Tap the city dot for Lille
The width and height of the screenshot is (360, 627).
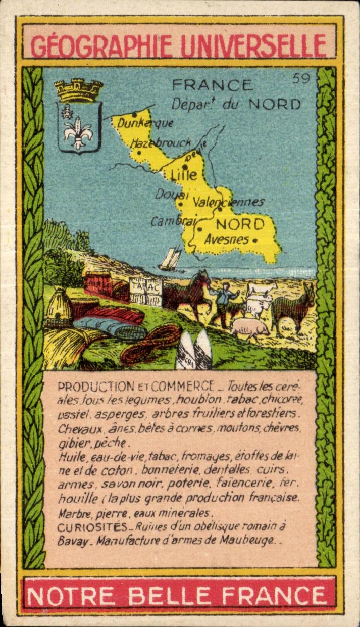pyautogui.click(x=185, y=166)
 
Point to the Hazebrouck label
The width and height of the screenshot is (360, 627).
pyautogui.click(x=161, y=143)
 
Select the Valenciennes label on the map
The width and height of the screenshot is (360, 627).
pyautogui.click(x=229, y=202)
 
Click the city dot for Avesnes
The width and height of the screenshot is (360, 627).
pyautogui.click(x=255, y=240)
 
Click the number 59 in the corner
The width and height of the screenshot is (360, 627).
pyautogui.click(x=301, y=78)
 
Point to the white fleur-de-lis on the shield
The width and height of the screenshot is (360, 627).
pyautogui.click(x=78, y=131)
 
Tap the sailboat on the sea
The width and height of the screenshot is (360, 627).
pyautogui.click(x=170, y=259)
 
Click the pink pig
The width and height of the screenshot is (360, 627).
pyautogui.click(x=251, y=328)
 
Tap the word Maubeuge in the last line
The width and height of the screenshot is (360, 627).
pyautogui.click(x=250, y=540)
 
